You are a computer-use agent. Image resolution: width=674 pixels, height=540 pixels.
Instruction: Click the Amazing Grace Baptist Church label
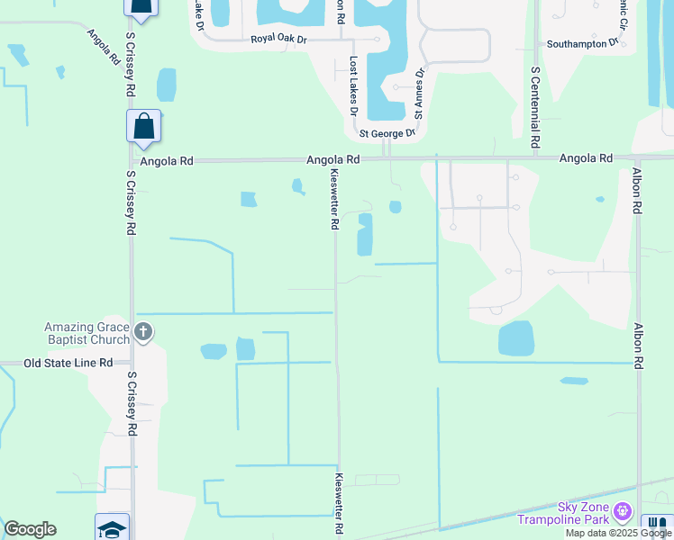[87, 333]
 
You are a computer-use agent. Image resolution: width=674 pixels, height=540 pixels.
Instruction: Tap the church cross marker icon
[142, 333]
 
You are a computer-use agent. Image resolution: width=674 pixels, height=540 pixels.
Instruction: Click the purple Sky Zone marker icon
[622, 513]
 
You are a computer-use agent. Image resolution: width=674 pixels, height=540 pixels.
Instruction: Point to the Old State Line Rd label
[68, 363]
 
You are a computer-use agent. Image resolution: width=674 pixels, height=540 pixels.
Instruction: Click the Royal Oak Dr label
[279, 38]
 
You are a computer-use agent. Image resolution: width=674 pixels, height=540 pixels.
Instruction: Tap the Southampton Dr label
[583, 42]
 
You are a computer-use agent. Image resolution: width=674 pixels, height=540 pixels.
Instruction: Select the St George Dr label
[387, 133]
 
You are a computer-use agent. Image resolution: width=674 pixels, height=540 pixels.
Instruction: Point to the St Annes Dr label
[419, 93]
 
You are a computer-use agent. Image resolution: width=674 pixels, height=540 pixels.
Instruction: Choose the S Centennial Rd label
[535, 107]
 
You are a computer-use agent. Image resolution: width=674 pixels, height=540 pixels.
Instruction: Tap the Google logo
[30, 529]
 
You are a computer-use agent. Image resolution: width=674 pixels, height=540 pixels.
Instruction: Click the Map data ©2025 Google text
[617, 533]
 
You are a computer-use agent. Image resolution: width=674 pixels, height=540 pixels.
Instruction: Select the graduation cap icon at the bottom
[113, 528]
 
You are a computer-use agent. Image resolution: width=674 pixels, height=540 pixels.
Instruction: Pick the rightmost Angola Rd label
[586, 158]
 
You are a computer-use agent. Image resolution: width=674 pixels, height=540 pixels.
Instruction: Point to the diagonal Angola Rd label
[104, 49]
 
